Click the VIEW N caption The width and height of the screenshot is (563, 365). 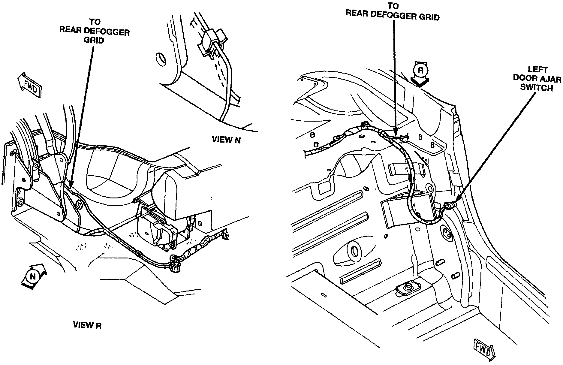(226, 140)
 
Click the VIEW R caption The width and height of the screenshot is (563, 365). (87, 325)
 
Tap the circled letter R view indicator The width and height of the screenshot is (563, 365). (420, 71)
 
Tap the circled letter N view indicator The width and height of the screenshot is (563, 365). (33, 276)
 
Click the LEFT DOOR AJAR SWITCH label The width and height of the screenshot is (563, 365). (537, 79)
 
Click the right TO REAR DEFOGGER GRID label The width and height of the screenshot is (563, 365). (393, 12)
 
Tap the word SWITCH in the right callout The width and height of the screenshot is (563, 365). (536, 88)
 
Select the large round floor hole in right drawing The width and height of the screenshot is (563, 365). (354, 250)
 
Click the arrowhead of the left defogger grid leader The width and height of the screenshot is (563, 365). (70, 185)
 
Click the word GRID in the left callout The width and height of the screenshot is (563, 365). (94, 40)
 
